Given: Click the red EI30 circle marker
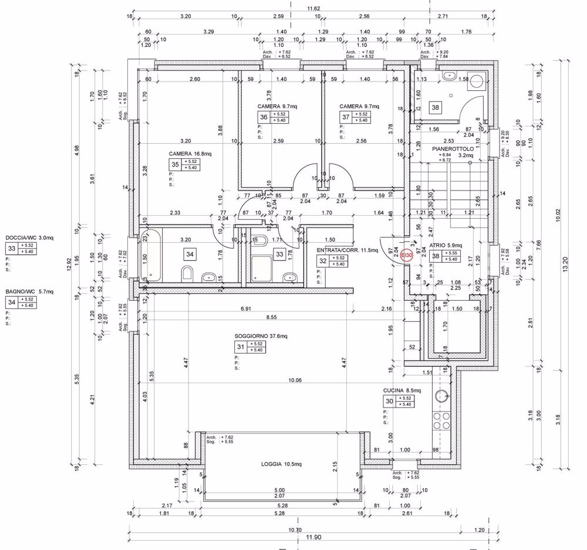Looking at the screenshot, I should point(406,256).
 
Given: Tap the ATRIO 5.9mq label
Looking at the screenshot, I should point(446,245).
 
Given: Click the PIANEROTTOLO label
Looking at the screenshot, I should point(453,149).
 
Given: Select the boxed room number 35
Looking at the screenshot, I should point(174,165).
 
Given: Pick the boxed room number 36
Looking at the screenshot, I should point(264,117).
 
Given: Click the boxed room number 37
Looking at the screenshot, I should point(345,117).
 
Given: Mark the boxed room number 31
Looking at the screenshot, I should point(241,347).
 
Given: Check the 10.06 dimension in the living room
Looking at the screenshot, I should point(294,380).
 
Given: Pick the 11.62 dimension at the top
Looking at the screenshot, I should point(314,8).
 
